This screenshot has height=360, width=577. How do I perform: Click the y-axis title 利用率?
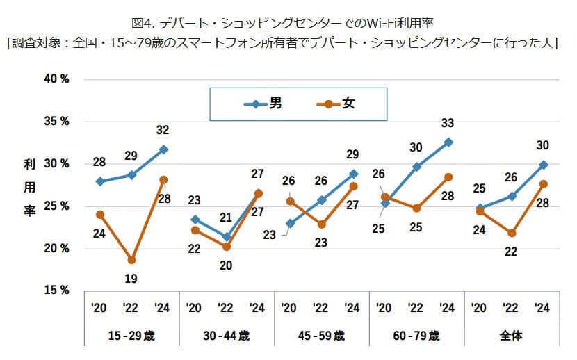tap(29, 188)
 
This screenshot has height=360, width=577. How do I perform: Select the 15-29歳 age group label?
tap(131, 336)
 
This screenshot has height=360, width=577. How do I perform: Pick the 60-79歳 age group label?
tap(416, 336)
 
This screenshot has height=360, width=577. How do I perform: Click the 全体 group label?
tap(511, 336)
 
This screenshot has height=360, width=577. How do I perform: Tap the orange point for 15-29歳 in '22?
tap(131, 260)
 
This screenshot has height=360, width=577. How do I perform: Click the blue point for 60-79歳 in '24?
tap(448, 142)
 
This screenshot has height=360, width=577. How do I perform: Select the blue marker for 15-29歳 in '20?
tap(100, 181)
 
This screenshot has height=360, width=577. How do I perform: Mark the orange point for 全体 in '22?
tap(511, 233)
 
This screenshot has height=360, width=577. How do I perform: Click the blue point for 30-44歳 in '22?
tap(226, 237)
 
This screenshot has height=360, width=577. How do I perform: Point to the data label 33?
tap(448, 123)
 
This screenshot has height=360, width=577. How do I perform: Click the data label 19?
tap(131, 279)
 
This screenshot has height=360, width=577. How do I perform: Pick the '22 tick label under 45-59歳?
tap(321, 308)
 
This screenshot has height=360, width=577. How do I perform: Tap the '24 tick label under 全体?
tap(543, 308)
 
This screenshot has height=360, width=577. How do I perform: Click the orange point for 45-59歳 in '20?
tap(290, 202)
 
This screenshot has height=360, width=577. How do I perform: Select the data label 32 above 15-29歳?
tap(163, 130)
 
